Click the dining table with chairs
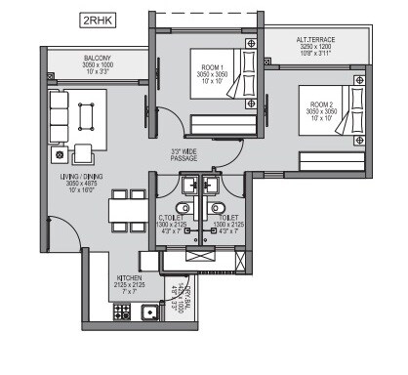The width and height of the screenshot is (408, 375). (121, 211)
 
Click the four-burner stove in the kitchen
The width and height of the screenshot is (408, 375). (123, 312)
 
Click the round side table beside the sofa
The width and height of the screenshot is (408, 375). (61, 153)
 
